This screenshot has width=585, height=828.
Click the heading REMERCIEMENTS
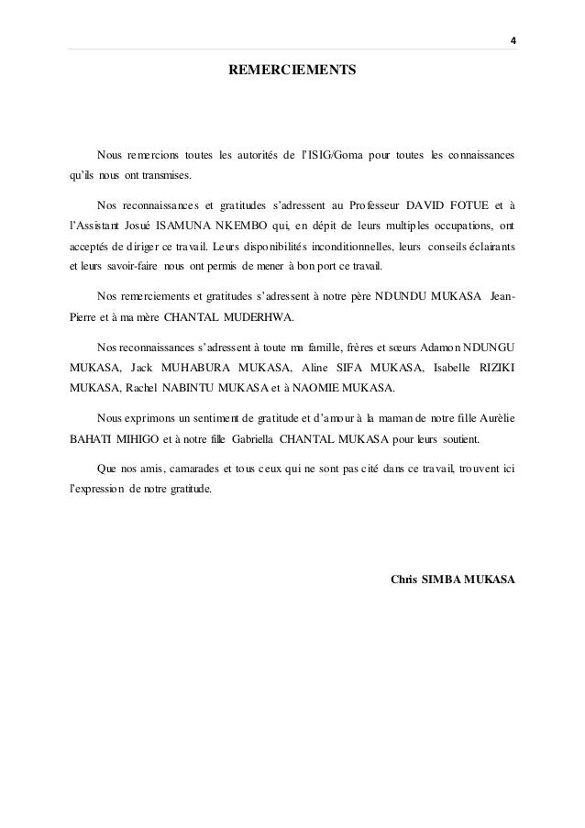point(292,70)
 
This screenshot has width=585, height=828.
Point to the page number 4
point(513,40)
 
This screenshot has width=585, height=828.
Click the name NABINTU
point(160,393)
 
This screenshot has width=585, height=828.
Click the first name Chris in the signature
point(403,580)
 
